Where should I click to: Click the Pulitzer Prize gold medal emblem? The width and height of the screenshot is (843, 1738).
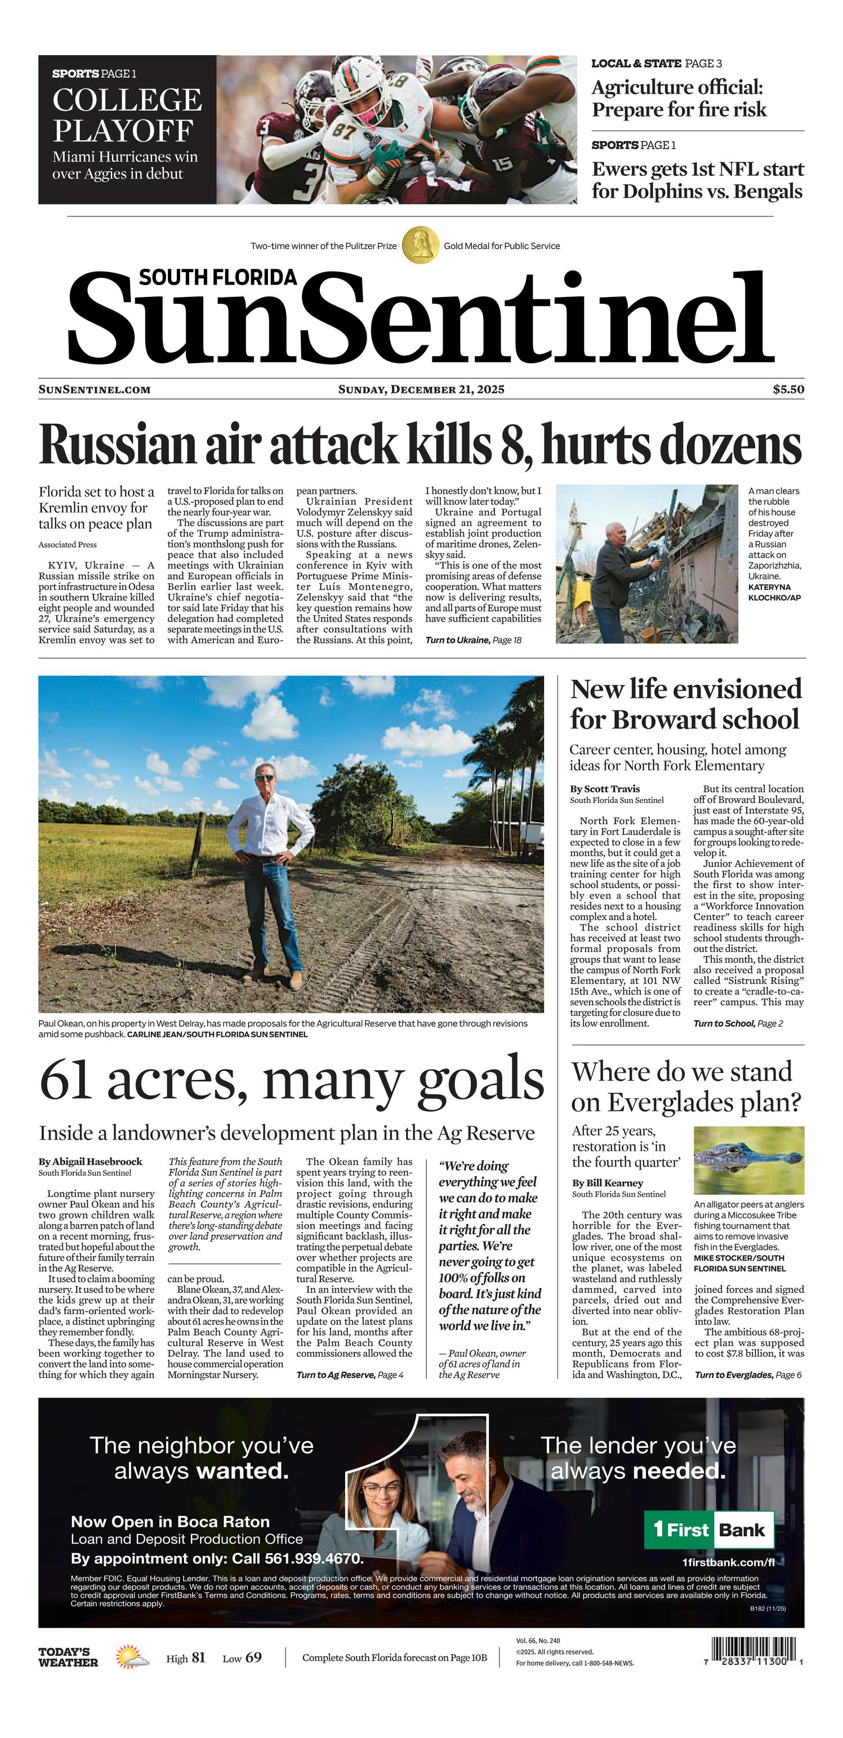pyautogui.click(x=420, y=245)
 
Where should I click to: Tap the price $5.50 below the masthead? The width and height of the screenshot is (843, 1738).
pyautogui.click(x=788, y=389)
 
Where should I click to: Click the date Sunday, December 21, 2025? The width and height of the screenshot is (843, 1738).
pyautogui.click(x=421, y=389)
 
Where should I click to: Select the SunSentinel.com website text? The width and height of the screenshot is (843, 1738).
pyautogui.click(x=95, y=389)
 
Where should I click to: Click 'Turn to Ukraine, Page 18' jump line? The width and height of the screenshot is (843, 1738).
pyautogui.click(x=473, y=640)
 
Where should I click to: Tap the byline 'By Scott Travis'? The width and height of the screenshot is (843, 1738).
pyautogui.click(x=604, y=789)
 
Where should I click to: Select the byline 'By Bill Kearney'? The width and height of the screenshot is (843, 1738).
pyautogui.click(x=607, y=1183)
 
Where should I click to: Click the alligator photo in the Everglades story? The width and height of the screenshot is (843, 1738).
pyautogui.click(x=748, y=1160)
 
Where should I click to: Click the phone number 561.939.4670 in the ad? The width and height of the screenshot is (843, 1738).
pyautogui.click(x=314, y=1559)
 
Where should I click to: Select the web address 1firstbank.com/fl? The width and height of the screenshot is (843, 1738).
pyautogui.click(x=733, y=1563)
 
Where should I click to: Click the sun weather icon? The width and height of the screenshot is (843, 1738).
pyautogui.click(x=132, y=1657)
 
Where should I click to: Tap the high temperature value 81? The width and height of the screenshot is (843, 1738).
pyautogui.click(x=198, y=1658)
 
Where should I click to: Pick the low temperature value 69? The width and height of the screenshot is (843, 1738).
pyautogui.click(x=253, y=1658)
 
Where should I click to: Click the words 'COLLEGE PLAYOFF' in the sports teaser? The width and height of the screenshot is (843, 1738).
pyautogui.click(x=127, y=115)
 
